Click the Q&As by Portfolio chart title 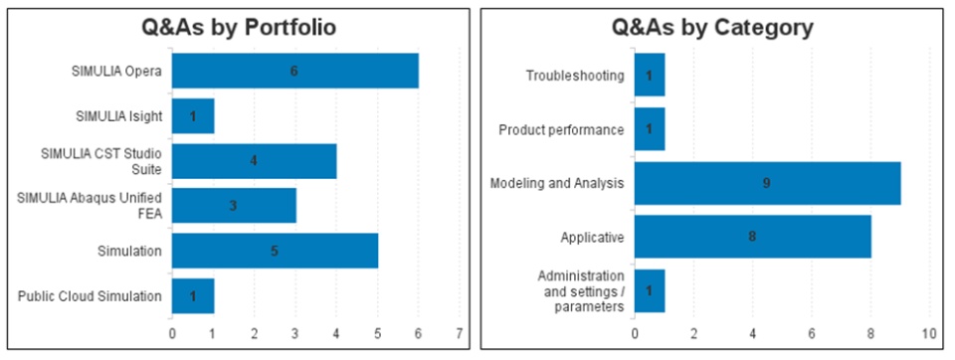[x=239, y=28]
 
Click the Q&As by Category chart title [x=712, y=28]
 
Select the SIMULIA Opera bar [x=294, y=71]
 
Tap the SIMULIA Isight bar [x=192, y=115]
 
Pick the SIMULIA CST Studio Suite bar [x=254, y=161]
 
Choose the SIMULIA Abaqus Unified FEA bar [x=233, y=205]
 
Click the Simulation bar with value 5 [x=275, y=251]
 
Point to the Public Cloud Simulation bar [x=192, y=296]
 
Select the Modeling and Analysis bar [x=767, y=183]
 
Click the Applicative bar [x=753, y=237]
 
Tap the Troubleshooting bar [x=650, y=75]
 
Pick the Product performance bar [x=650, y=129]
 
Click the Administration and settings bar [x=650, y=291]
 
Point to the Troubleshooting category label [x=575, y=76]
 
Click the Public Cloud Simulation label [x=90, y=296]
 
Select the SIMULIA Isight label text [x=119, y=115]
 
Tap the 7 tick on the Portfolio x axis [x=460, y=334]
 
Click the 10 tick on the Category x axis [x=929, y=334]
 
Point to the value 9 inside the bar [x=767, y=183]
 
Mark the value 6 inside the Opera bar [x=294, y=72]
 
